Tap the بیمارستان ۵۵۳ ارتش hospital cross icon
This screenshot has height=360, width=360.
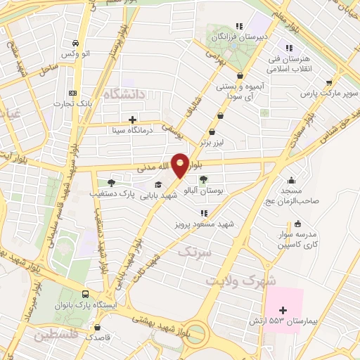point(283,310)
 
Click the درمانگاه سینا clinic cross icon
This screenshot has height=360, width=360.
point(133,120)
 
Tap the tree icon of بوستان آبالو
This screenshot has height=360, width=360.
point(203,179)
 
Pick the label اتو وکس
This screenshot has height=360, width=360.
point(75,54)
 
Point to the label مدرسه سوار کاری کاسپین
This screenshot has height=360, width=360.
point(295,241)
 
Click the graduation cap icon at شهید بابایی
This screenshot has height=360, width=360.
point(157,185)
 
